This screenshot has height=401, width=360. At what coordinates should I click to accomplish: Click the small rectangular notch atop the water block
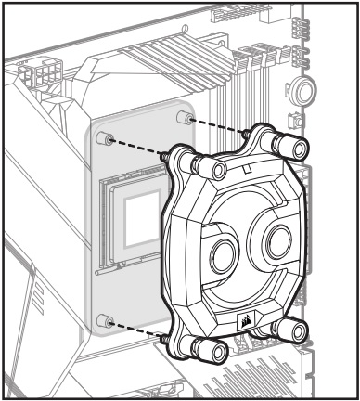[248, 168]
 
